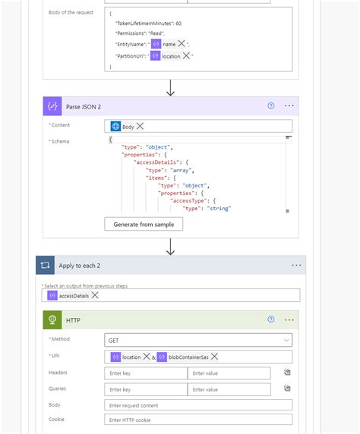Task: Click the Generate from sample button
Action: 144,224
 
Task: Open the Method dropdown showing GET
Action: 197,341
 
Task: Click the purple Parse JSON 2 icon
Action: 53,106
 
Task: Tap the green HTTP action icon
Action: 53,320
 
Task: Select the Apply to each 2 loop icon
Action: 46,266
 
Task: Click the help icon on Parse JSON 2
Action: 271,106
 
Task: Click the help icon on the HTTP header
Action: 271,320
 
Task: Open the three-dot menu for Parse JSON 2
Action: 289,106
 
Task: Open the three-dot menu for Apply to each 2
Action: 296,266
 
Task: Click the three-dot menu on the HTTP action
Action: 289,320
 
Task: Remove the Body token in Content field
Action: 140,127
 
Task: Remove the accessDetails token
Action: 95,296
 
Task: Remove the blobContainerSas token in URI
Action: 215,357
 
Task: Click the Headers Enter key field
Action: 145,373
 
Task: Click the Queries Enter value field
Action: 229,388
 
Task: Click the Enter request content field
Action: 197,404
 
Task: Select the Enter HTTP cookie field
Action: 197,420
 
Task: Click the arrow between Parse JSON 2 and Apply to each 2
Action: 171,247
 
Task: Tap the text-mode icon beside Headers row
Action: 288,373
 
